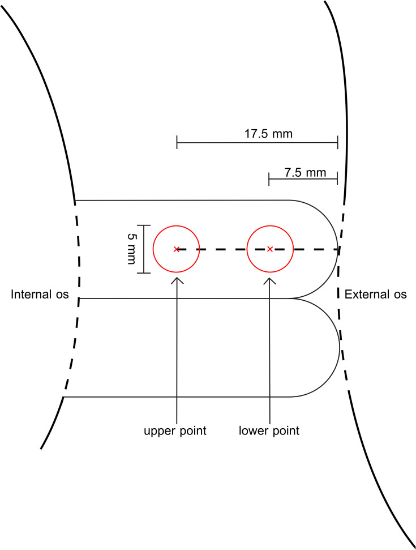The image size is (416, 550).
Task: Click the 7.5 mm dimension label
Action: [x=306, y=172]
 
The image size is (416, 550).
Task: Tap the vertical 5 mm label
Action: [x=131, y=249]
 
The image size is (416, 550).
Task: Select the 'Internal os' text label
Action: [x=40, y=295]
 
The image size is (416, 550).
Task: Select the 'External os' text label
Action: [x=376, y=295]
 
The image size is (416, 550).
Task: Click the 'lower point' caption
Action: [x=269, y=431]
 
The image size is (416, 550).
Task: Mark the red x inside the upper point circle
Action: [x=177, y=249]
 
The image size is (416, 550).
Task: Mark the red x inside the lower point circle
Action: [x=270, y=249]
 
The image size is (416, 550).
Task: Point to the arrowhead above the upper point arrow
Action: [x=177, y=279]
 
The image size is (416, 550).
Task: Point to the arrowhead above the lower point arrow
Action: [x=270, y=279]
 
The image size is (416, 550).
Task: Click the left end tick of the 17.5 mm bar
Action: [x=177, y=142]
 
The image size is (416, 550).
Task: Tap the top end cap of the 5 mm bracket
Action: [x=144, y=225]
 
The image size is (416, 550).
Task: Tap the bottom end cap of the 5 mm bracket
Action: [x=144, y=273]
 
